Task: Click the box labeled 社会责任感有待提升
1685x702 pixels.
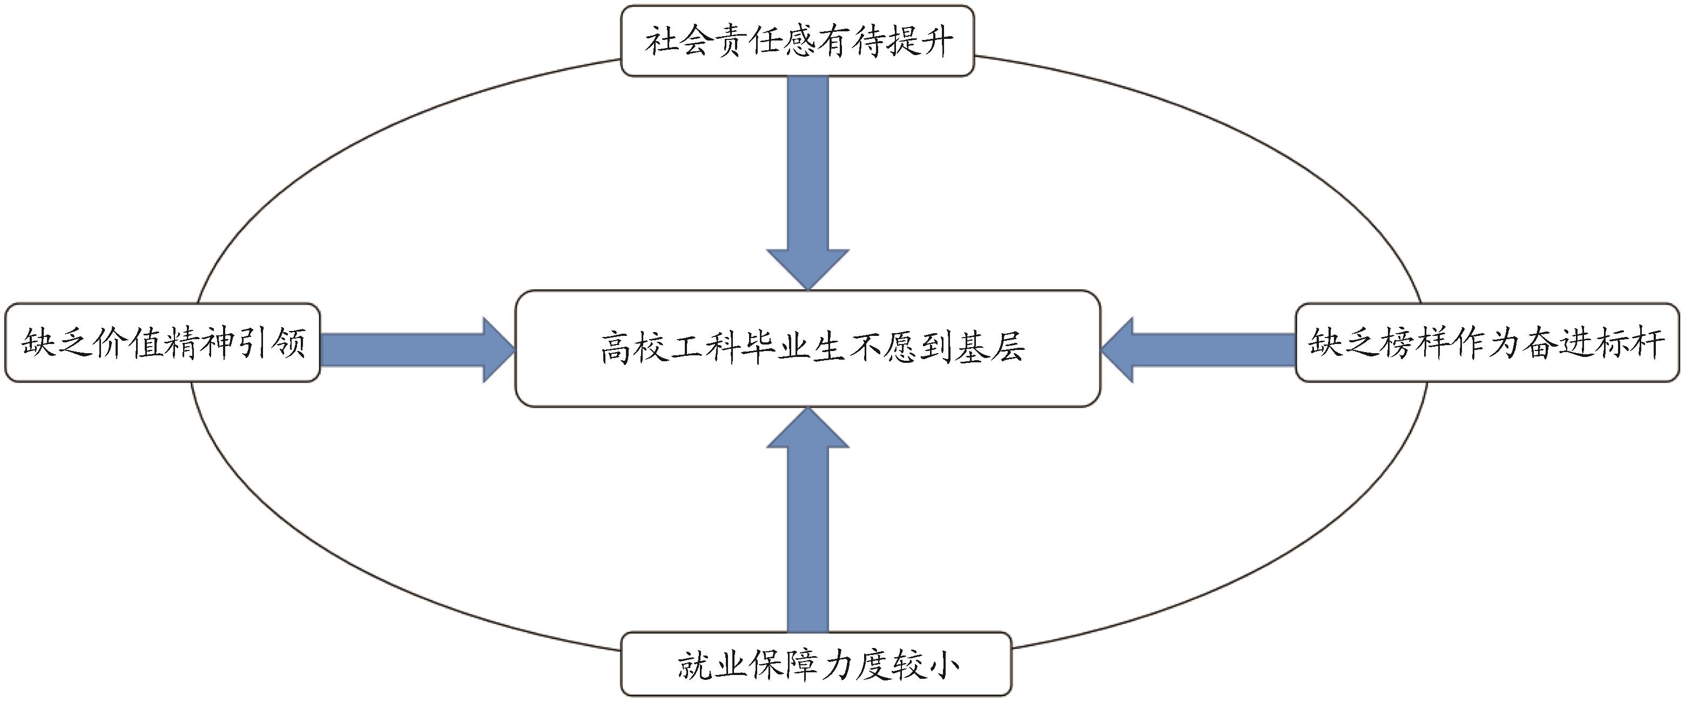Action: point(797,40)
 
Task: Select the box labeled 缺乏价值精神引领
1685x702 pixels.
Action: point(162,342)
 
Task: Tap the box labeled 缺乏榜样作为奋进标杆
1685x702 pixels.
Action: point(1487,342)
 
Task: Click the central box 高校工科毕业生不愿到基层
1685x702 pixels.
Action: point(807,348)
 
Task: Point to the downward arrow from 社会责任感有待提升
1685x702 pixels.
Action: point(807,183)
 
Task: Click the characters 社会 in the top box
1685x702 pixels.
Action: point(682,41)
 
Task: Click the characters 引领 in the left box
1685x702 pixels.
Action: point(268,342)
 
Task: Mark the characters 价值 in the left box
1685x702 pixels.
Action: point(127,342)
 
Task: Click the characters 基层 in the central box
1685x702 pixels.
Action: point(990,348)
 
